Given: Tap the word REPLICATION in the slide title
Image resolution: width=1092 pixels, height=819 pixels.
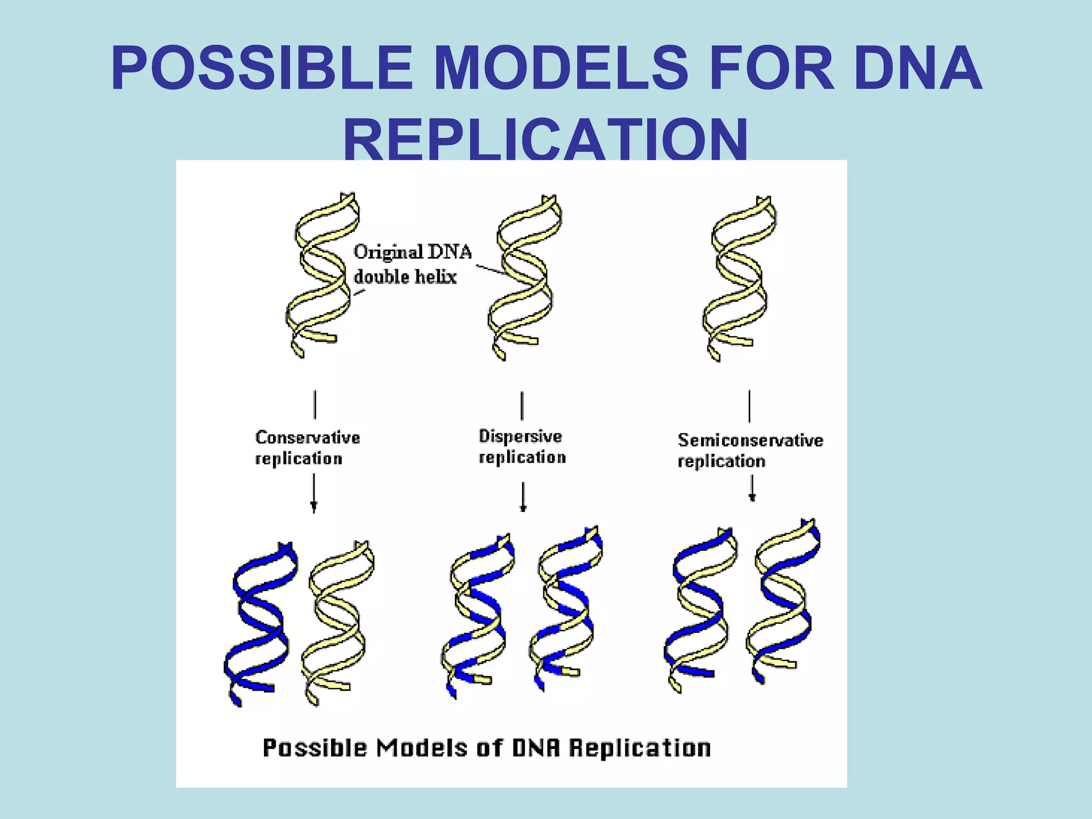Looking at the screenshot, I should [545, 140].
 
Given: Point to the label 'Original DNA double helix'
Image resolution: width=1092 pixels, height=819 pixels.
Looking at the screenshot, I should [412, 264].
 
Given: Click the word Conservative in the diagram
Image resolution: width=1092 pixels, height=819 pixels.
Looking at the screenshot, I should [308, 438].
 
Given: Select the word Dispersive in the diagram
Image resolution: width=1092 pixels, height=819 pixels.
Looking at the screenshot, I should [520, 436].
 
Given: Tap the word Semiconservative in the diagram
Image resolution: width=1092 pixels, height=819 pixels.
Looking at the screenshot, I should [750, 440].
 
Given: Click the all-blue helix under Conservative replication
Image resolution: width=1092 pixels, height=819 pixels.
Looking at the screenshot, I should [260, 624].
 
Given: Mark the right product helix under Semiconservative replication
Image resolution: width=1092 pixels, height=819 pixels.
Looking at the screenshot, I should [783, 603].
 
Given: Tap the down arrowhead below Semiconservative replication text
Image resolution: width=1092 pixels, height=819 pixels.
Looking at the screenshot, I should [752, 497].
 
